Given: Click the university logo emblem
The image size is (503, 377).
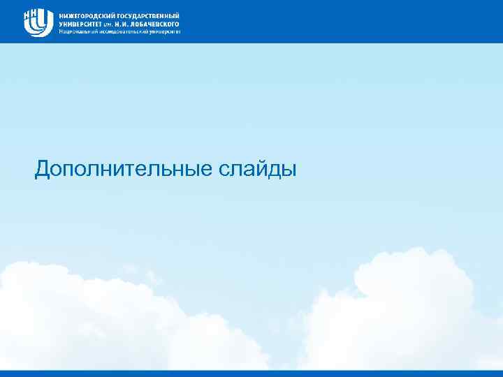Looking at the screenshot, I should point(38,22).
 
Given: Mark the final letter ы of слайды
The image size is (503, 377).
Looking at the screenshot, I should point(290,170).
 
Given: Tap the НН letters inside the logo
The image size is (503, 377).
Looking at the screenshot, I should point(32,15).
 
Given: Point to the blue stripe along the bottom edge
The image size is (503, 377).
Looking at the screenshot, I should point(251,374).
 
